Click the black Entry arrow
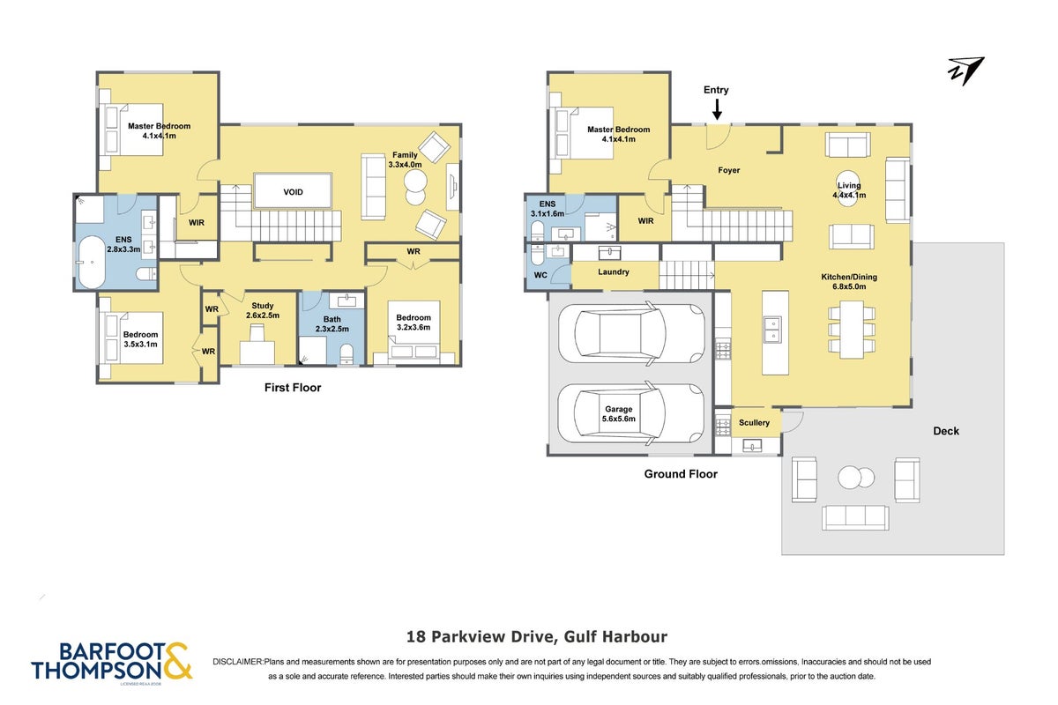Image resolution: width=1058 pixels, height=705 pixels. (717, 109)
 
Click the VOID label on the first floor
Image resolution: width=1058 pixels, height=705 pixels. (293, 192)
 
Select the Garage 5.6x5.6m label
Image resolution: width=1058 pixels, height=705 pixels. (618, 414)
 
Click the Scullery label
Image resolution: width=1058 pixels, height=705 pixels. (754, 423)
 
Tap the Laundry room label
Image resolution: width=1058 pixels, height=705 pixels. (613, 272)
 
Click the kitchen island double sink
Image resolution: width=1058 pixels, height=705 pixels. (772, 329)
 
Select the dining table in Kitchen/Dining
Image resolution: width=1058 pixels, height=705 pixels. (852, 329)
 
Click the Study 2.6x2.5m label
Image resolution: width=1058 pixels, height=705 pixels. (262, 311)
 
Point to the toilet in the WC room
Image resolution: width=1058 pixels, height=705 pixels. (538, 255)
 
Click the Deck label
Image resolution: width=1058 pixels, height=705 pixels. (946, 431)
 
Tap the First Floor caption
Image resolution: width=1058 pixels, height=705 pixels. (293, 388)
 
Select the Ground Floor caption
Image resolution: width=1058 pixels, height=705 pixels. (681, 474)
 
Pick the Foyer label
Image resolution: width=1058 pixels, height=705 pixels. (729, 170)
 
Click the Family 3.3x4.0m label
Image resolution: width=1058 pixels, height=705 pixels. (405, 160)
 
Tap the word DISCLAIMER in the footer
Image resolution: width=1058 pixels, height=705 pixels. (237, 662)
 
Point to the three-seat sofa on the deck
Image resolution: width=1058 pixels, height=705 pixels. (855, 517)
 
